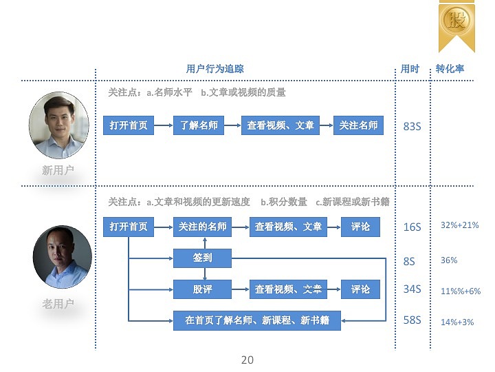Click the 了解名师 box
pos(199,125)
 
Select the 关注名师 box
pos(358,125)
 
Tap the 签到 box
pos(202,258)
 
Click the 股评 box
pos(202,289)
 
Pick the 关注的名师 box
pos(202,227)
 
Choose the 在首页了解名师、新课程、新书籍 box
pos(257,321)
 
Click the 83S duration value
pos(412,126)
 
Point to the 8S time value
pos(409,261)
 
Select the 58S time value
pos(412,320)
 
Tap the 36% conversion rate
pos(449,260)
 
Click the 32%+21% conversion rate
pos(460,225)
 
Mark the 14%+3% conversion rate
pos(457,322)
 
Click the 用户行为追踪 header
pos(214,69)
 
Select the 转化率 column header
pos(450,69)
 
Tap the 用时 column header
pos(410,69)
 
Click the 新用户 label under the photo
pos(58,170)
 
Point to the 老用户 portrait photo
pos(62,257)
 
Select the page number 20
pos(247,360)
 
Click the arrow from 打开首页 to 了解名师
pos(164,125)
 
